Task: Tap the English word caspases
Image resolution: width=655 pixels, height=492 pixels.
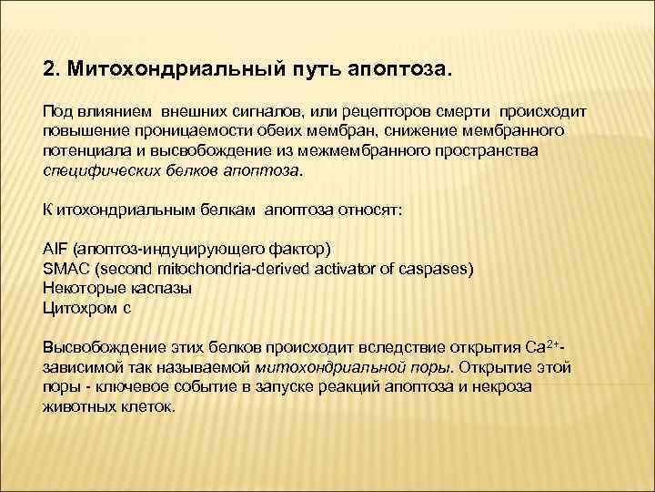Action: tap(438, 268)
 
